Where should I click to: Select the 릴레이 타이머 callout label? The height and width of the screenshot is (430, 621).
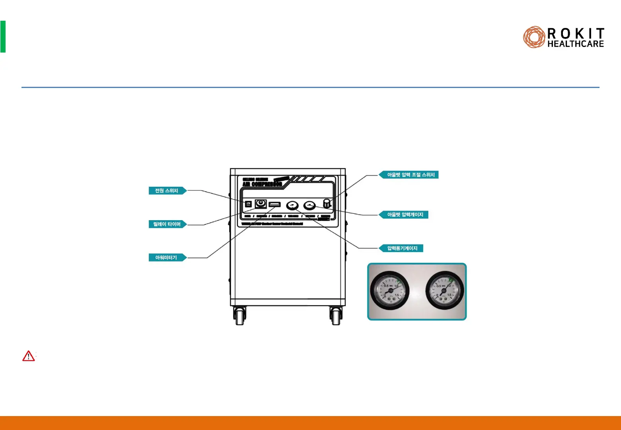tap(167, 224)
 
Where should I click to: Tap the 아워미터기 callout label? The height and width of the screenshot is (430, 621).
tap(166, 258)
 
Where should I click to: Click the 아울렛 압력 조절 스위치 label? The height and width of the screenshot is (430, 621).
tap(410, 175)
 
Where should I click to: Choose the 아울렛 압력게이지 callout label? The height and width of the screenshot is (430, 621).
tap(405, 215)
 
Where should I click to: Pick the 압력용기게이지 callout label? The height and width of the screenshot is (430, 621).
tap(402, 248)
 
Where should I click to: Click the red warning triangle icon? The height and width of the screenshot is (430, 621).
tap(29, 356)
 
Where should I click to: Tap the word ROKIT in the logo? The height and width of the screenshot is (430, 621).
tap(576, 33)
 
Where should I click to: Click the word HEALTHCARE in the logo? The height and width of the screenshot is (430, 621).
tap(576, 44)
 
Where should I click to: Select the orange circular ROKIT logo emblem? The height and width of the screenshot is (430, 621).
tap(534, 37)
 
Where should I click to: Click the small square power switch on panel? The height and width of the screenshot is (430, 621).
tap(248, 204)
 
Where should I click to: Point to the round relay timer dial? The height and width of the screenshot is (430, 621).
tap(261, 204)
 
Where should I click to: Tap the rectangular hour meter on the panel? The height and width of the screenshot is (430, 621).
tap(275, 205)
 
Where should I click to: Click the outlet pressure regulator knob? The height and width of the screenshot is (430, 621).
tap(327, 203)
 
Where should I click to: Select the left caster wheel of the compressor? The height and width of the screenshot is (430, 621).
tap(240, 317)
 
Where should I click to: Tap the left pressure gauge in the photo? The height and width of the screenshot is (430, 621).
tap(390, 291)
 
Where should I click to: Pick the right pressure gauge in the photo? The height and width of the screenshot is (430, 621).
tap(444, 291)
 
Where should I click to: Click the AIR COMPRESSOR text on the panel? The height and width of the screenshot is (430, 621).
tap(262, 184)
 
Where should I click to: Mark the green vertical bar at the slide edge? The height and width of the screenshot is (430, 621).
tap(3, 37)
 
